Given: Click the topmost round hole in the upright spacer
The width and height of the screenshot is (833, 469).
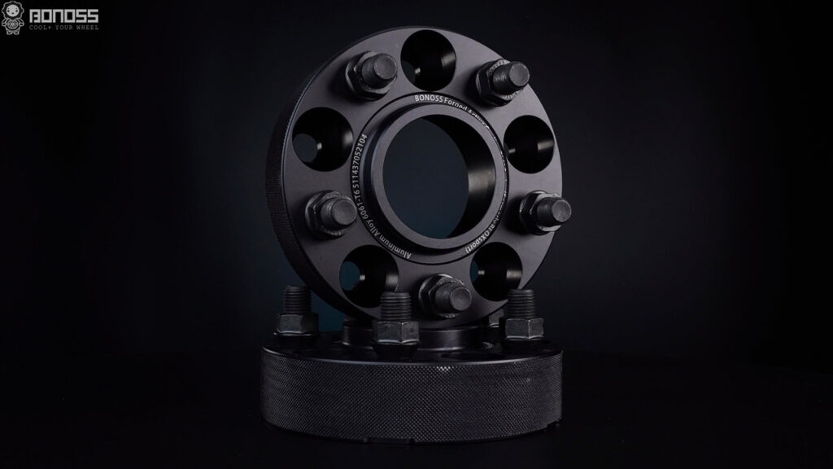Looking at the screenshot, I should pyautogui.click(x=430, y=56).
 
